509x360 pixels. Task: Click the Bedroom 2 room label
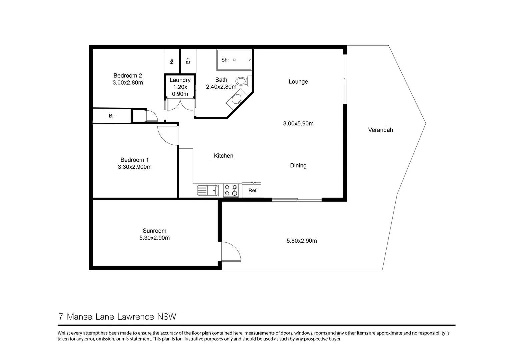pos(128,76)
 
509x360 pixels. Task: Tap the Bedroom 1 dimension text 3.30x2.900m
pos(135,167)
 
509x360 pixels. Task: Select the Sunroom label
pos(154,231)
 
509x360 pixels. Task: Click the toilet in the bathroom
pos(242,81)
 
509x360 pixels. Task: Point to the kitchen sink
pos(207,191)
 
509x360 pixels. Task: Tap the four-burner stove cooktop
pos(231,190)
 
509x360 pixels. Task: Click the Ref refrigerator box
pos(252,190)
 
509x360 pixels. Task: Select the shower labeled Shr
pos(234,60)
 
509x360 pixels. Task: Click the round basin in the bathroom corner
pos(237,99)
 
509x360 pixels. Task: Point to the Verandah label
pos(380,130)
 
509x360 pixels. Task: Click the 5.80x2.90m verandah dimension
pos(302,241)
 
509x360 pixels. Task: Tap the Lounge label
pos(298,82)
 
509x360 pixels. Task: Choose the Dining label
pos(298,166)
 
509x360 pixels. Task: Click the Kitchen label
pos(223,156)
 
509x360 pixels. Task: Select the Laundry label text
pos(180,80)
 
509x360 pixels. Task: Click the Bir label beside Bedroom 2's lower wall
pos(112,116)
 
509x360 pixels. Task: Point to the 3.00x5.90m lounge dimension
pos(298,124)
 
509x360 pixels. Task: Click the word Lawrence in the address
pos(135,317)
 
